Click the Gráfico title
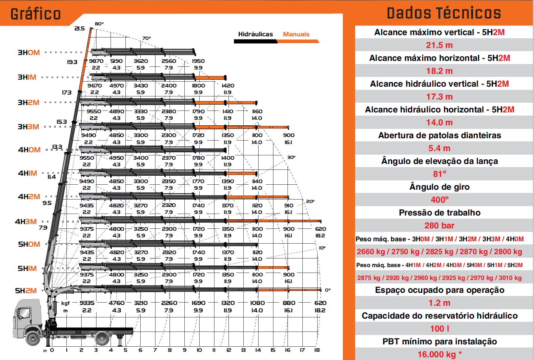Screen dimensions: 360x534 tap(36, 14)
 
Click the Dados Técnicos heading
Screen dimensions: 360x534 tap(444, 13)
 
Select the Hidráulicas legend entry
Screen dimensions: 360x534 tap(255, 34)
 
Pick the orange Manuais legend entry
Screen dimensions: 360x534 tap(296, 34)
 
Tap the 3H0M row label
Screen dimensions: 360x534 tap(29, 53)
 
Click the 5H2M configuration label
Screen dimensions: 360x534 tap(26, 291)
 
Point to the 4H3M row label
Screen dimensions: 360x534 tap(26, 222)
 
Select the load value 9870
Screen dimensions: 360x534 tap(96, 61)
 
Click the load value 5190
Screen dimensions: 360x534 tap(116, 61)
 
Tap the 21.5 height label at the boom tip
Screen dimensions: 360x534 tap(79, 29)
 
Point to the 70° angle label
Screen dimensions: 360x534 tap(146, 38)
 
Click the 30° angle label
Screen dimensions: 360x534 tap(291, 157)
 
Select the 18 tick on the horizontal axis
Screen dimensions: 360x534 tap(317, 350)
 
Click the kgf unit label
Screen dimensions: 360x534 tap(66, 303)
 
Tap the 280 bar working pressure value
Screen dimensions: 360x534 tap(439, 226)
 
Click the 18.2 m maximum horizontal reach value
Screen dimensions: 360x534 tap(439, 71)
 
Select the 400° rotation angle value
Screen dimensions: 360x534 tap(439, 200)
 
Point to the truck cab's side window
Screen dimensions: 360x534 tap(23, 313)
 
